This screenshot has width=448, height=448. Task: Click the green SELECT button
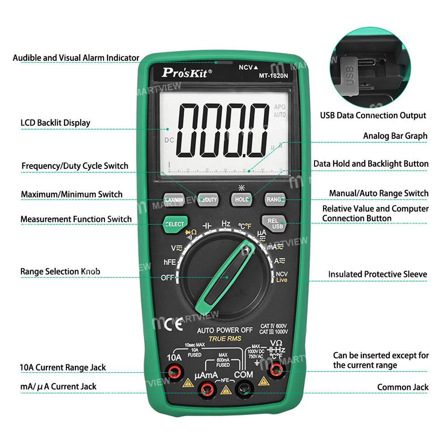(x=174, y=224)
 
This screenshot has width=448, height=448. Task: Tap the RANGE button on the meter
(x=275, y=199)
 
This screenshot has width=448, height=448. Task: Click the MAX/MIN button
(x=173, y=199)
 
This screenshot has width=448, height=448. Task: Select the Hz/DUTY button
(x=207, y=199)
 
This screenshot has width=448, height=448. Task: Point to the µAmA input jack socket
(x=207, y=388)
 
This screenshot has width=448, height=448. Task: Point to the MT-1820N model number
(x=273, y=75)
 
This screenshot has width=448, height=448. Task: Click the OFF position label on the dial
(x=167, y=278)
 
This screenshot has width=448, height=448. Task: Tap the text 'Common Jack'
(x=402, y=387)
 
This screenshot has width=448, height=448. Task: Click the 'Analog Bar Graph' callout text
(x=395, y=136)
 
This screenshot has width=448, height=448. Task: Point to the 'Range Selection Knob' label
(x=60, y=271)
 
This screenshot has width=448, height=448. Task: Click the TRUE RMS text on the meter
(x=225, y=339)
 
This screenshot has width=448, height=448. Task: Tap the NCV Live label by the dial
(x=281, y=277)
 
